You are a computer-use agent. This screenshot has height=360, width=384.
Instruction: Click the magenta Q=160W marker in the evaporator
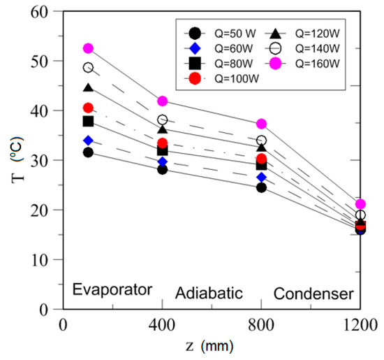88,48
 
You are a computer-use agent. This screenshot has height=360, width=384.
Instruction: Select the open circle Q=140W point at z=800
261,141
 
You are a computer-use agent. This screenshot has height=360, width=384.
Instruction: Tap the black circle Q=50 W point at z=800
261,187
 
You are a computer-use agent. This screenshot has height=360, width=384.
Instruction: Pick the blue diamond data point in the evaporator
88,141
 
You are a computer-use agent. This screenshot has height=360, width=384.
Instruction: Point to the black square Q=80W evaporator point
88,121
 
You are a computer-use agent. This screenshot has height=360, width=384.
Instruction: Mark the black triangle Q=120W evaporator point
88,88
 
